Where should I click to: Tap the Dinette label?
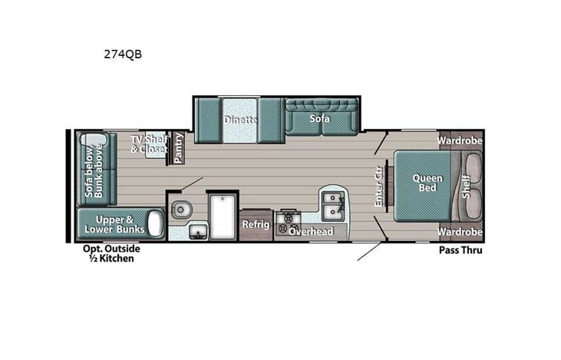(240, 120)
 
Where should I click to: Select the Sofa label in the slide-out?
(320, 118)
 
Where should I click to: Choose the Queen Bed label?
(427, 183)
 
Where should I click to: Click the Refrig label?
(256, 224)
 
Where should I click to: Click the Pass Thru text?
(460, 250)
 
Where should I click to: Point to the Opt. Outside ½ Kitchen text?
(112, 253)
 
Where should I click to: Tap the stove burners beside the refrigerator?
(289, 223)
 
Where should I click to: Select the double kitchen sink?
(332, 205)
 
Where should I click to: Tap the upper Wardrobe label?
(460, 140)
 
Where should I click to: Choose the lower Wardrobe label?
(460, 231)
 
